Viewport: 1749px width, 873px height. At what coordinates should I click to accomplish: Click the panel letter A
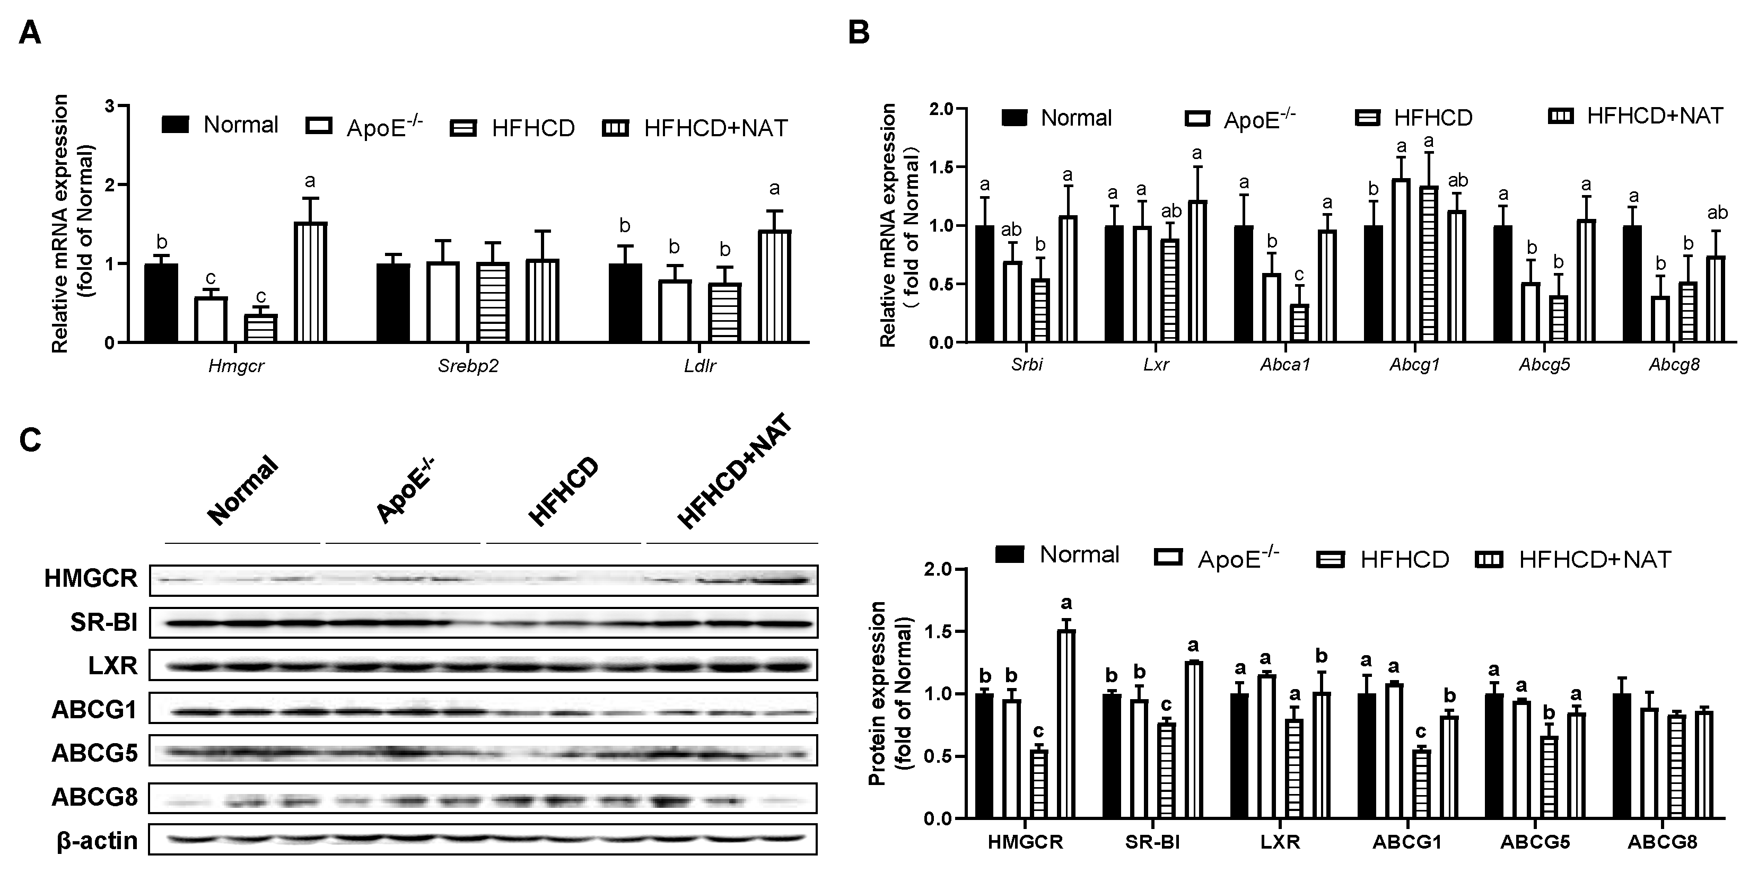point(29,32)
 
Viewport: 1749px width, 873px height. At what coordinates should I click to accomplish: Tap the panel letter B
point(859,32)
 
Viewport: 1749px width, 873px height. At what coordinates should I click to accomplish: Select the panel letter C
point(30,440)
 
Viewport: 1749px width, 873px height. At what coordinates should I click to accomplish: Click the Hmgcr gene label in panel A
point(235,367)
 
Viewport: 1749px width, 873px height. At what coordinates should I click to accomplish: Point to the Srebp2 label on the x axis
point(468,367)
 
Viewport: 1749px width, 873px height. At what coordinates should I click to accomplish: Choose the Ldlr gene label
point(699,367)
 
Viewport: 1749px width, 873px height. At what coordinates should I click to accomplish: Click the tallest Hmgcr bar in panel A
point(311,281)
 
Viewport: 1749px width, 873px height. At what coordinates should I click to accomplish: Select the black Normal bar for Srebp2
point(393,303)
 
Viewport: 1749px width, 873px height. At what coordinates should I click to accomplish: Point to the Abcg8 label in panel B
point(1674,365)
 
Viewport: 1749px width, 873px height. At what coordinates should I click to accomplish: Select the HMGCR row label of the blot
point(91,578)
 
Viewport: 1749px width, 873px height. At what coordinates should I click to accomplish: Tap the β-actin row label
point(97,841)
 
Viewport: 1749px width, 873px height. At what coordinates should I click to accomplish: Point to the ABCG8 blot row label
point(94,797)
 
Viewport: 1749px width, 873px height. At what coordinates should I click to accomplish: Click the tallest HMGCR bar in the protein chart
point(1066,724)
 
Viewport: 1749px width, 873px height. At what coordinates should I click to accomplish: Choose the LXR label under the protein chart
point(1279,842)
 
